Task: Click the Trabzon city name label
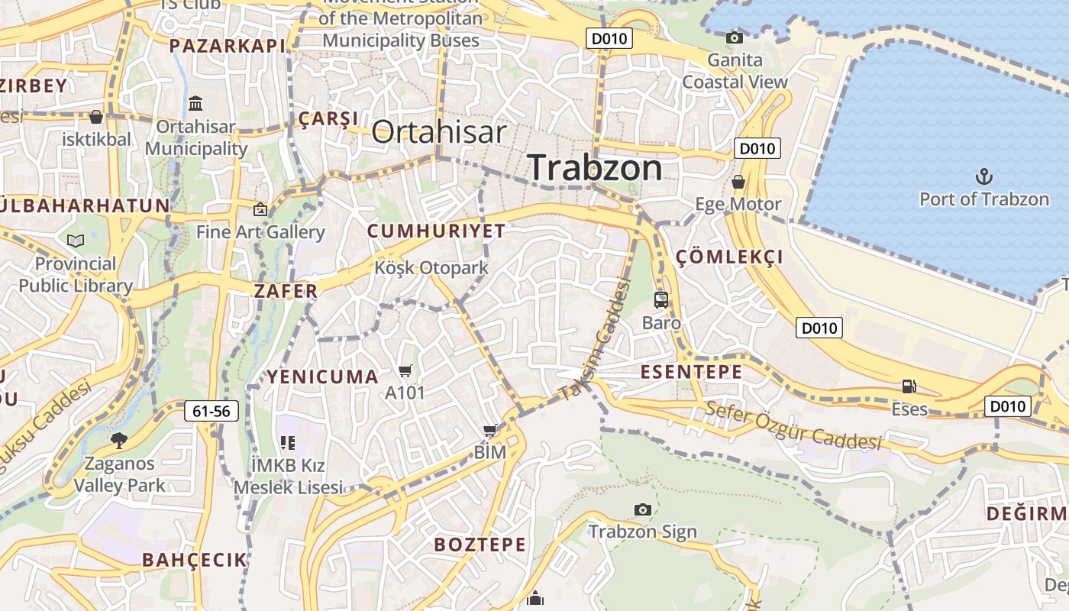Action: coord(596,168)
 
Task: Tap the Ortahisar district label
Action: coord(439,132)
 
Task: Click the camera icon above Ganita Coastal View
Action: coord(735,37)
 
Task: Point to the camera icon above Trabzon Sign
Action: coord(643,509)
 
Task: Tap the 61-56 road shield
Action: coord(212,412)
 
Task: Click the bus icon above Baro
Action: coord(661,300)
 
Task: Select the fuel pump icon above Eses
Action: coord(909,386)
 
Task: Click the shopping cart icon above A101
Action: coord(405,371)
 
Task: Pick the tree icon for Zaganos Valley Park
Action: coord(118,440)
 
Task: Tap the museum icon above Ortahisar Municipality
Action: coord(195,103)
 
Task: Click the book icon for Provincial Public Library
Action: coord(76,241)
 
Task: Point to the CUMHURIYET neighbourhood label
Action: coord(436,231)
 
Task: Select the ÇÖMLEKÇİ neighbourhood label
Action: coord(730,257)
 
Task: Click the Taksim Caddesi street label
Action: coord(596,340)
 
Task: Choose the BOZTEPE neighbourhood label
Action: coord(480,545)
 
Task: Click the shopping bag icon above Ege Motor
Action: coord(738,182)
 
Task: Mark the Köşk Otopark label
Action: coord(431,268)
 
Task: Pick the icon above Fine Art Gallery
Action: coord(260,209)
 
